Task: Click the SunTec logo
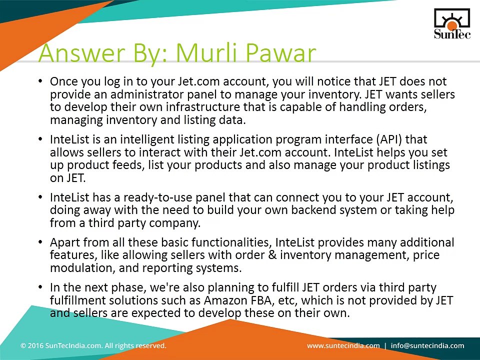click(x=452, y=24)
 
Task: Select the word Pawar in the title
click(x=280, y=52)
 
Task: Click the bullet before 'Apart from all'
click(x=40, y=242)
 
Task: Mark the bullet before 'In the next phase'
click(x=40, y=287)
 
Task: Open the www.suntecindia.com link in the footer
click(x=343, y=346)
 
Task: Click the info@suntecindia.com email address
click(x=427, y=346)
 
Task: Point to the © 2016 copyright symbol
click(x=23, y=346)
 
